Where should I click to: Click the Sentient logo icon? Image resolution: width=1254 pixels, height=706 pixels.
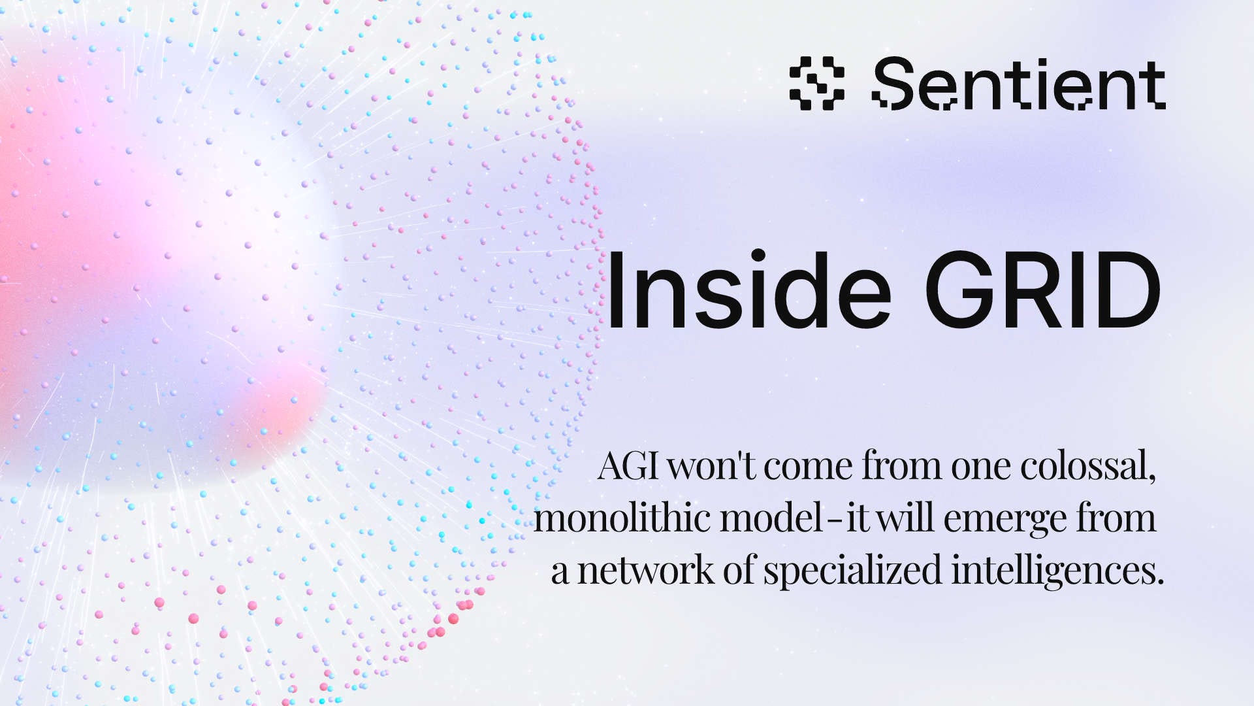pyautogui.click(x=816, y=83)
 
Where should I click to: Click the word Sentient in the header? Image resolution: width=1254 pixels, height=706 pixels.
pyautogui.click(x=1019, y=84)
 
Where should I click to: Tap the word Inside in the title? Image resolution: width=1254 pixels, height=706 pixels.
pyautogui.click(x=748, y=290)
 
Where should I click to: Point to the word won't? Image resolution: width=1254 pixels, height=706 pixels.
pyautogui.click(x=711, y=467)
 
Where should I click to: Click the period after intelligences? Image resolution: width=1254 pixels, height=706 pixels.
pyautogui.click(x=1160, y=581)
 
